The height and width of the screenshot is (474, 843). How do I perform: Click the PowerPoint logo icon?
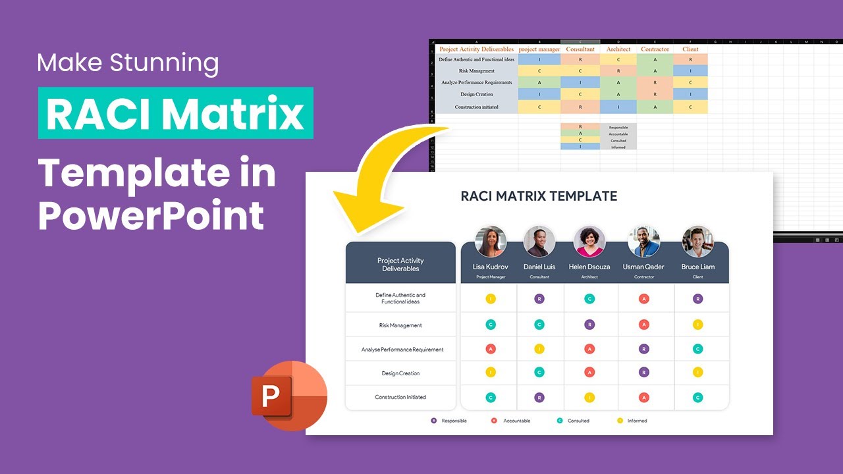point(288,395)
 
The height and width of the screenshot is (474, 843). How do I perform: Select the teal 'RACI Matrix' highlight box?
point(175,114)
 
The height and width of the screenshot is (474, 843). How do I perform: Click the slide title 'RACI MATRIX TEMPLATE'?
point(539,196)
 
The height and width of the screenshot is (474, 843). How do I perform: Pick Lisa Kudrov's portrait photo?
point(491,242)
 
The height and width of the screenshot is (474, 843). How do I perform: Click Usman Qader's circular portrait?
point(643,242)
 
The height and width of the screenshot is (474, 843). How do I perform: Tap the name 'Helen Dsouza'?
point(589,267)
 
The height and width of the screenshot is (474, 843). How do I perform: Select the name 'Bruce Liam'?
point(698,267)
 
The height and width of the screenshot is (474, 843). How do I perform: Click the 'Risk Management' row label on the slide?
point(400,325)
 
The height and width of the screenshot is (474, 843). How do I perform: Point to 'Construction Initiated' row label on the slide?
point(400,397)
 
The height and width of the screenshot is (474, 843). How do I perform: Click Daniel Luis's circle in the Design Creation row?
point(539,373)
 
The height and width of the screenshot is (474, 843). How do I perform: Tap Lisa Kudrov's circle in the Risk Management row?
point(491,325)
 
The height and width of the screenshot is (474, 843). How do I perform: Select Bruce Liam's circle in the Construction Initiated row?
point(698,398)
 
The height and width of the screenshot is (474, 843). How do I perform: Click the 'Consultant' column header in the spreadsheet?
point(580,49)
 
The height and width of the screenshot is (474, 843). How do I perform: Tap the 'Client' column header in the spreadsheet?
point(690,49)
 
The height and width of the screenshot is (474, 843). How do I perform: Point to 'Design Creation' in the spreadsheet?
point(477,94)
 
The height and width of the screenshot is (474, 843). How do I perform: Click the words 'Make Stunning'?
point(128,63)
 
